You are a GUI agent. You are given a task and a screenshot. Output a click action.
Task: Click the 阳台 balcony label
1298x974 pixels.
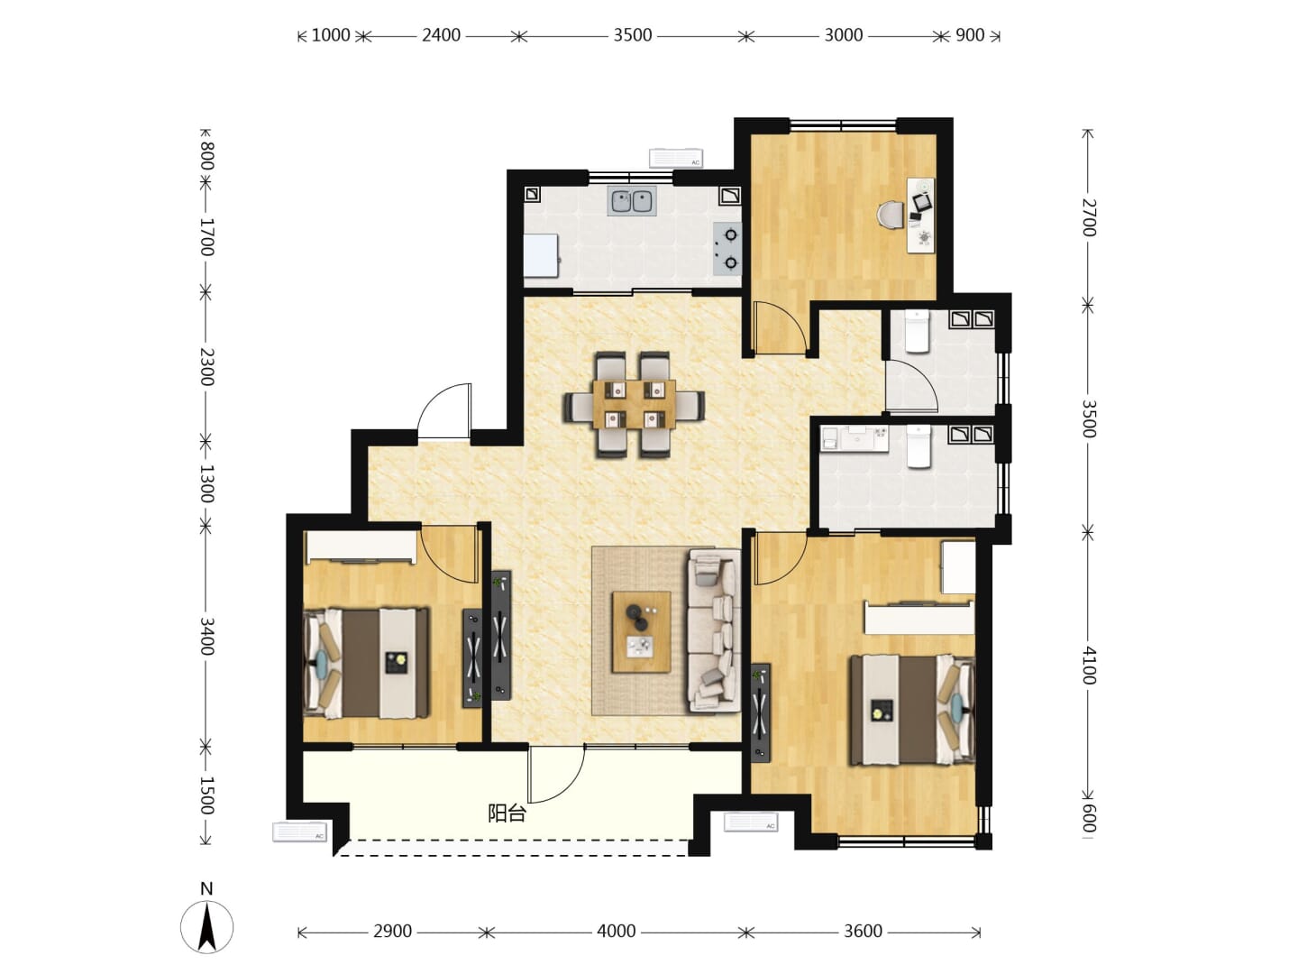507,813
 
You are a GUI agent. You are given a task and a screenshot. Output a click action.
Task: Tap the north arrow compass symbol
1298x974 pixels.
206,927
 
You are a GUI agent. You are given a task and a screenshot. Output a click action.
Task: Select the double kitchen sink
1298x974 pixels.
632,201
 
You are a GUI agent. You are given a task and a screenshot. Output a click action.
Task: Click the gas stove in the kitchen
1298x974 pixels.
727,249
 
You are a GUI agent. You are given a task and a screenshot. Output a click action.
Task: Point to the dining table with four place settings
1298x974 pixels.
635,405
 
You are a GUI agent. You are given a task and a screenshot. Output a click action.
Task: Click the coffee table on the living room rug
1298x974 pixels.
642,631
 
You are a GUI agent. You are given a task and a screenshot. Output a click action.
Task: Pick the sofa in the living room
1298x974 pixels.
714,630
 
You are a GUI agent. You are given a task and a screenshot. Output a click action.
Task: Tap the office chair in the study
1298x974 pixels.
891,216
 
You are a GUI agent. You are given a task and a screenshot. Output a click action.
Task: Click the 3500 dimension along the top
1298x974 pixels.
632,35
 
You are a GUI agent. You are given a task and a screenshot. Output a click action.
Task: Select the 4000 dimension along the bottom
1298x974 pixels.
617,932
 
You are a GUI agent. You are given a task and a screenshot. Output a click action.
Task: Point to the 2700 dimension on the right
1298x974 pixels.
1089,218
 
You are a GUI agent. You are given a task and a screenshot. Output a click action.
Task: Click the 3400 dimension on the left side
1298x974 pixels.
206,637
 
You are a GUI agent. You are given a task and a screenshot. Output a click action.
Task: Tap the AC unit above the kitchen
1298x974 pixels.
676,158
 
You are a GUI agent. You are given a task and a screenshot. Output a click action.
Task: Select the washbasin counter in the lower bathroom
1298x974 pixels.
855,439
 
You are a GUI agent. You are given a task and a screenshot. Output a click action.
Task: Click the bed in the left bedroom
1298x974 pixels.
366,664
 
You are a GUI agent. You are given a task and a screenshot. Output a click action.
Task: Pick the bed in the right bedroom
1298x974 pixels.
912,710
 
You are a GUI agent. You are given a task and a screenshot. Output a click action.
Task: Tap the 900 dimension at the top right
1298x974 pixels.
970,35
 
